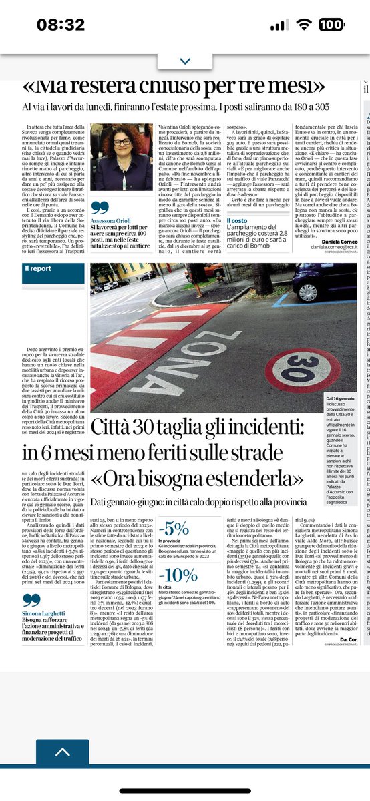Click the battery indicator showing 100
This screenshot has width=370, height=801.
point(335,25)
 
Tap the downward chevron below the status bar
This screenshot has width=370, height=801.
point(185,60)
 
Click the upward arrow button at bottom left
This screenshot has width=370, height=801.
point(62,752)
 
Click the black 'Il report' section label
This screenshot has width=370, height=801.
point(38,268)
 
